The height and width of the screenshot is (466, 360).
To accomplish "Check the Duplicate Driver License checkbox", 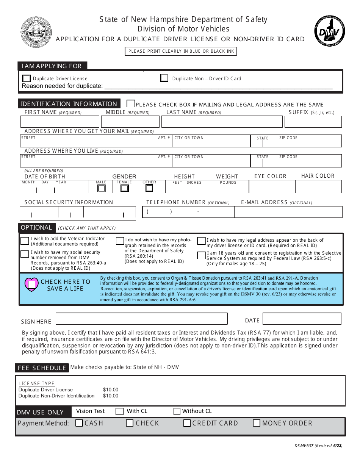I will pyautogui.click(x=26, y=78).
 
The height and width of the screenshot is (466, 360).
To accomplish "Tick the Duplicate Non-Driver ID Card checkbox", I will pyautogui.click(x=164, y=78).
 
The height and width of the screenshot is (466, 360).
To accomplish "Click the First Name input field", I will pyautogui.click(x=59, y=122).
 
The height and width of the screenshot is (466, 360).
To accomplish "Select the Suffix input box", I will pyautogui.click(x=313, y=122).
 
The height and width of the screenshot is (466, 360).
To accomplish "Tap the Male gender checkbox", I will pyautogui.click(x=101, y=188).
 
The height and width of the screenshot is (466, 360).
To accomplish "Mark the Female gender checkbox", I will pyautogui.click(x=124, y=188).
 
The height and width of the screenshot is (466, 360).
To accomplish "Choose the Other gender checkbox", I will pyautogui.click(x=149, y=188).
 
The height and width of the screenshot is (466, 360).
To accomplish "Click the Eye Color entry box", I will pyautogui.click(x=272, y=187).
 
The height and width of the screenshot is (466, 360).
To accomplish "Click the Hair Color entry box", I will pyautogui.click(x=318, y=187).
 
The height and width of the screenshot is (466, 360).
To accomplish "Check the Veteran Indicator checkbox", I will pyautogui.click(x=25, y=241).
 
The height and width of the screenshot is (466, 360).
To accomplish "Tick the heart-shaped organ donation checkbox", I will pyautogui.click(x=31, y=284).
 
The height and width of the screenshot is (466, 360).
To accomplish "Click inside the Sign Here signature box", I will pyautogui.click(x=141, y=319).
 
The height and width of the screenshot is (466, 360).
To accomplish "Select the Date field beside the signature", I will pyautogui.click(x=302, y=319).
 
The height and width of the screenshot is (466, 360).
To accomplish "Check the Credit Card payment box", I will pyautogui.click(x=187, y=423).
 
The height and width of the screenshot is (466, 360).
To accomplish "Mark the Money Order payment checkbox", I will pyautogui.click(x=257, y=423).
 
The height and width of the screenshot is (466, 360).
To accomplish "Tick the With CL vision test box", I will pyautogui.click(x=119, y=411).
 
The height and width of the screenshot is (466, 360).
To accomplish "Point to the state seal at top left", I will pyautogui.click(x=36, y=32).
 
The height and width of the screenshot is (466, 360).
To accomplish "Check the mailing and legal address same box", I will pyautogui.click(x=130, y=104).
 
